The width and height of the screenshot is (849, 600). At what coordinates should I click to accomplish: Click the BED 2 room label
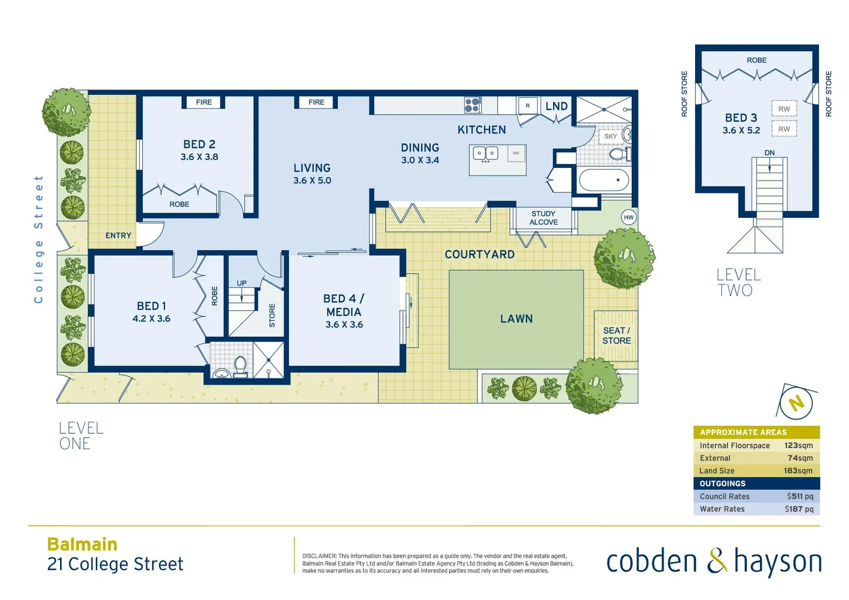(x=199, y=144)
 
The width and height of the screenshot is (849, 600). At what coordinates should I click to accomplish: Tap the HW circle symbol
(x=628, y=217)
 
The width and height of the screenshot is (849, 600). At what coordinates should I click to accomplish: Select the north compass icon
(x=796, y=403)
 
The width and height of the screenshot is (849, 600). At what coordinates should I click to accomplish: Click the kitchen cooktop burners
(x=472, y=105)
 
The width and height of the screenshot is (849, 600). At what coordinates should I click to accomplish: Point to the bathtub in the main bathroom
(x=603, y=181)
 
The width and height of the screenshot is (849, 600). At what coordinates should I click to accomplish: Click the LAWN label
(x=516, y=319)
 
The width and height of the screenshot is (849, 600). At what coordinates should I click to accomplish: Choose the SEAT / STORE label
(x=616, y=336)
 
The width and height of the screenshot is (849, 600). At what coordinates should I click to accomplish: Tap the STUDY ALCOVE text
(x=543, y=218)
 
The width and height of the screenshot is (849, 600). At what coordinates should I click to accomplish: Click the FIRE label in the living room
(x=316, y=102)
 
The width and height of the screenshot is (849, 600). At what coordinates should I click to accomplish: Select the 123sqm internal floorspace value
(x=798, y=446)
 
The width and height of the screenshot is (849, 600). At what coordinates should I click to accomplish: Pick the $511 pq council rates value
(x=800, y=496)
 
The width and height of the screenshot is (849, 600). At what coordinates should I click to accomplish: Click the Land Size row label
(x=717, y=471)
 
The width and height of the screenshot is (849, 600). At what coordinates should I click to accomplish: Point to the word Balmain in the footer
(x=82, y=544)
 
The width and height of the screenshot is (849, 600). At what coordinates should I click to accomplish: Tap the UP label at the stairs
(x=242, y=283)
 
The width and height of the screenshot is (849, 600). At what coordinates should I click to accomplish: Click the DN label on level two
(x=769, y=153)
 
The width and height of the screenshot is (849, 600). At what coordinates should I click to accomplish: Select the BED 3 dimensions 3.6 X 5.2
(x=741, y=131)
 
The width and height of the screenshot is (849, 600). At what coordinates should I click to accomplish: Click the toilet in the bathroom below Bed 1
(x=240, y=365)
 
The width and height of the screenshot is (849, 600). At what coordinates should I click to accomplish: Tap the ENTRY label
(x=118, y=236)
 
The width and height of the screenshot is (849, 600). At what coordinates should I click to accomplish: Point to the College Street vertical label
(x=38, y=239)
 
